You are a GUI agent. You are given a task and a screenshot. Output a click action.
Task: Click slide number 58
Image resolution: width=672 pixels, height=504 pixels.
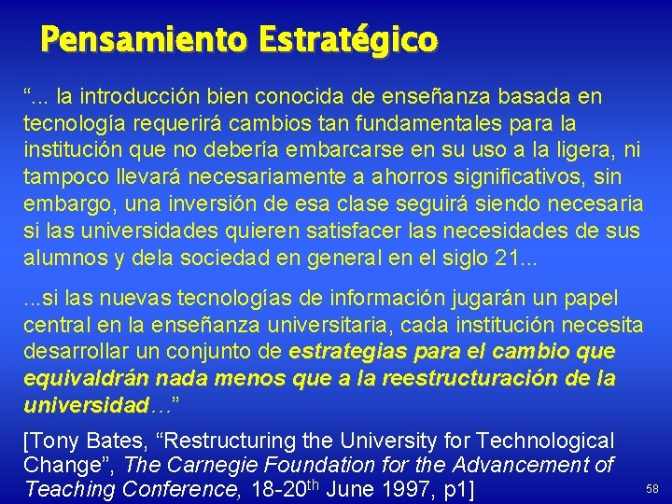coord(652,489)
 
